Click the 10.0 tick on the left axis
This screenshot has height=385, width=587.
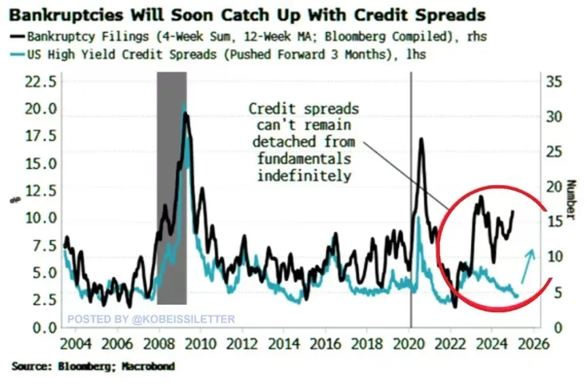(x=39, y=218)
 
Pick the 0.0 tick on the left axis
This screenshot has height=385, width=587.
(x=43, y=327)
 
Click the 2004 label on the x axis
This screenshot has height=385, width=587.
(x=74, y=341)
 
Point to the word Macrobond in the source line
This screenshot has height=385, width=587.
(x=148, y=367)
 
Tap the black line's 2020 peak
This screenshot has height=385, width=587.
(x=422, y=139)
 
